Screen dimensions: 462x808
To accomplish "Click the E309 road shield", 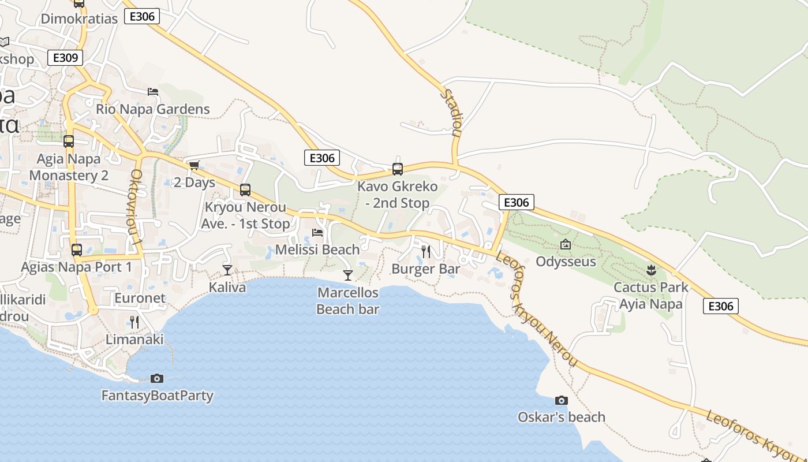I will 65,58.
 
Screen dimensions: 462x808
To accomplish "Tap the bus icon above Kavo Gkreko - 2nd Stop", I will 397,169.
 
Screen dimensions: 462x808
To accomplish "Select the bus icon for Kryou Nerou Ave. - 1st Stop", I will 245,190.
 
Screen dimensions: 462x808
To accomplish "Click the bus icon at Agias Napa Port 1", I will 76,250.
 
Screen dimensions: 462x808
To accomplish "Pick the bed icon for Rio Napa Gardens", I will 153,92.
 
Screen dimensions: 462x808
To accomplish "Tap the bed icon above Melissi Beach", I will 317,233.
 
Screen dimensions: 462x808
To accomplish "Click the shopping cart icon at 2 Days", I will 194,166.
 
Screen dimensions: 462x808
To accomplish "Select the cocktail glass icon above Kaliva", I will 227,270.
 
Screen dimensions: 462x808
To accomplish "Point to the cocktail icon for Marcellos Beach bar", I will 347,275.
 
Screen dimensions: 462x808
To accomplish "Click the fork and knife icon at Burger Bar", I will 426,251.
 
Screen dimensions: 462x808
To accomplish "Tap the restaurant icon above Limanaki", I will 134,322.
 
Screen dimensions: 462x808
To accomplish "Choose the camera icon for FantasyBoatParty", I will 156,379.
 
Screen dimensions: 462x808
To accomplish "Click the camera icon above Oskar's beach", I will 561,400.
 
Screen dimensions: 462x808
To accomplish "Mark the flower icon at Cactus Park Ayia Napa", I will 651,270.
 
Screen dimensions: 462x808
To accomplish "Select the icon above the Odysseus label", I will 565,244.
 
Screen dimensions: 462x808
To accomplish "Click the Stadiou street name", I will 452,112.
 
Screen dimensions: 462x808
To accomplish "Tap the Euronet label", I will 140,299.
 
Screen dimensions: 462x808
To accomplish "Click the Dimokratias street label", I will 79,18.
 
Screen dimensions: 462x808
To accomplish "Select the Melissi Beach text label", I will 317,249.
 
